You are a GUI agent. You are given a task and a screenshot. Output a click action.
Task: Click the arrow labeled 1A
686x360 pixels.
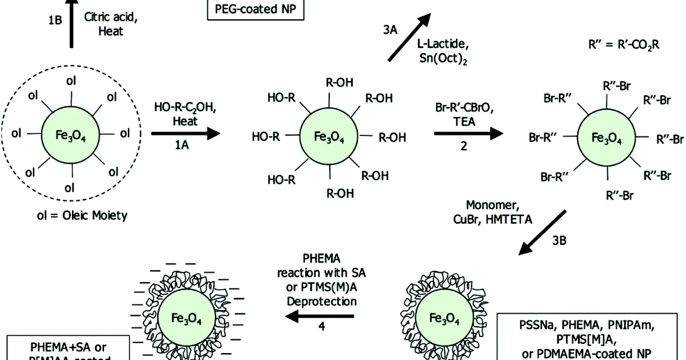(186, 134)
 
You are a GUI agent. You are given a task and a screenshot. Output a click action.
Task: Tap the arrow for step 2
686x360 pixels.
(469, 134)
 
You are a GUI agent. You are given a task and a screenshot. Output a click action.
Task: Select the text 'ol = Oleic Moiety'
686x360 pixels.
(69, 215)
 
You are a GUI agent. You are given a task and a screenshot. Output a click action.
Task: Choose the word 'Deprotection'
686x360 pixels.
(324, 301)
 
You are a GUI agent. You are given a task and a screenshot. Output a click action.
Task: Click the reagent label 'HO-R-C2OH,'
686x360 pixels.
(184, 107)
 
